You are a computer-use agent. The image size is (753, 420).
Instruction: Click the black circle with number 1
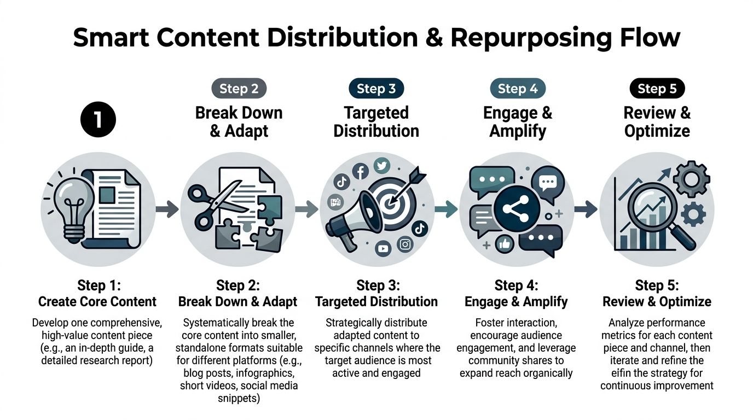[x=98, y=120]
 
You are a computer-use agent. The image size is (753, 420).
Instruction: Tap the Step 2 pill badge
[x=239, y=89]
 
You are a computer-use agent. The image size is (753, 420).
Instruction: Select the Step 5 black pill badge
[x=657, y=89]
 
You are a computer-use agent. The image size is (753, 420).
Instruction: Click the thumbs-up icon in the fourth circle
[x=504, y=244]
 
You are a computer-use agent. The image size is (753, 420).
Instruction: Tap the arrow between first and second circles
[x=167, y=208]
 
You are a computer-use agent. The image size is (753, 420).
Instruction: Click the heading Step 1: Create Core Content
[x=97, y=293]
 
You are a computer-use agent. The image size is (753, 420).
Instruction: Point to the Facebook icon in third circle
[x=360, y=172]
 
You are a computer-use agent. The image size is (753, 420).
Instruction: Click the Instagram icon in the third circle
[x=406, y=244]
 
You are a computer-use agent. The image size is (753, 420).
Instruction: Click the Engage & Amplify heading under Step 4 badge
[x=517, y=121]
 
